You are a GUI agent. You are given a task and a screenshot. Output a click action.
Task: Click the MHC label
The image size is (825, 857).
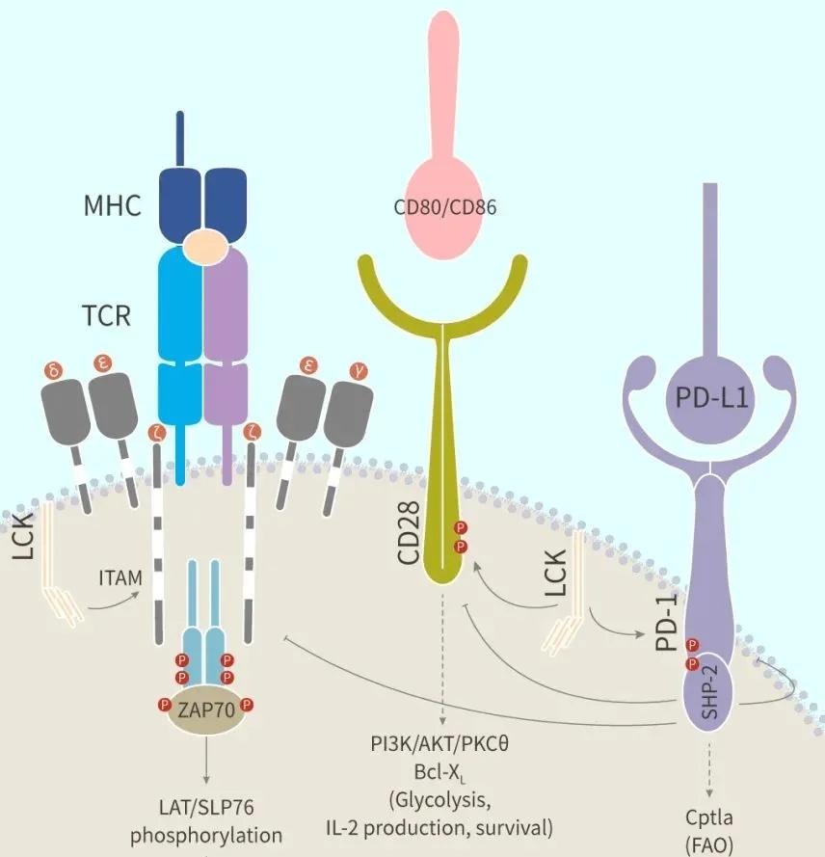pyautogui.click(x=112, y=204)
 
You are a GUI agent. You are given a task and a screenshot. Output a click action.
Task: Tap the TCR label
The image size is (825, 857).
pyautogui.click(x=105, y=314)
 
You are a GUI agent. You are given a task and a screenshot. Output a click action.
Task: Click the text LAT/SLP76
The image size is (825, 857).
pyautogui.click(x=206, y=806)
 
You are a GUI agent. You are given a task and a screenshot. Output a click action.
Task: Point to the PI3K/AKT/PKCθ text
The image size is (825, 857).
pyautogui.click(x=439, y=744)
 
